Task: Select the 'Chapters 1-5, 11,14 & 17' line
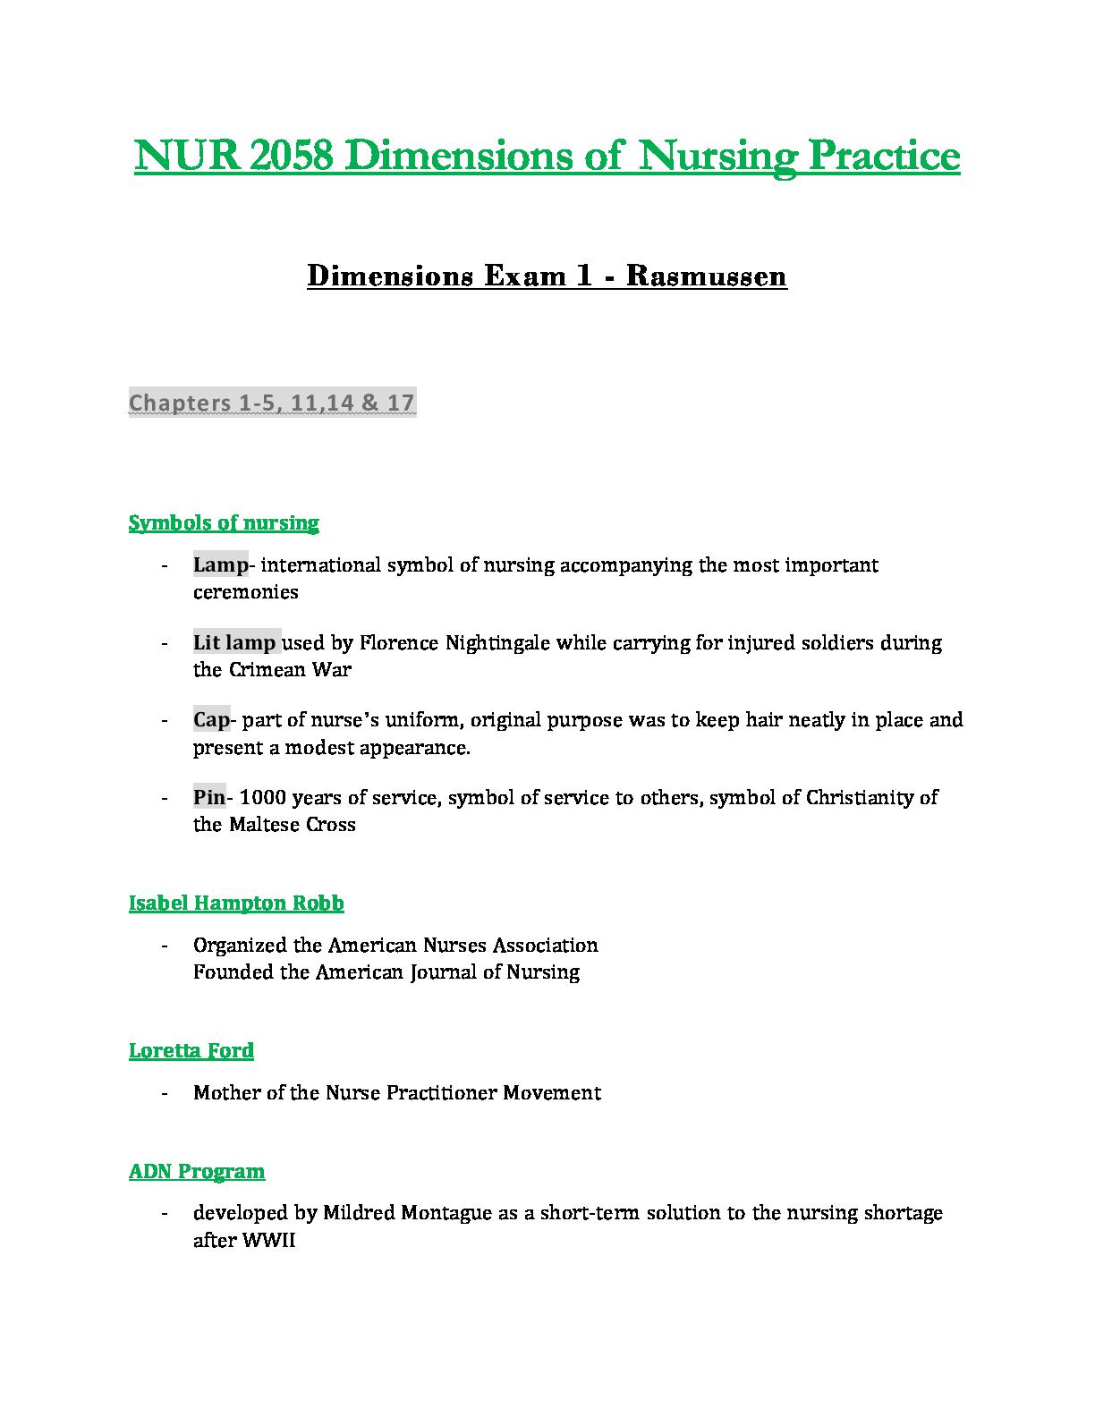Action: coord(272,403)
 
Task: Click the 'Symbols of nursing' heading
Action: coord(224,522)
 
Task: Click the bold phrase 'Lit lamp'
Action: coord(234,642)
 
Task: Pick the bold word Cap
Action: coord(211,719)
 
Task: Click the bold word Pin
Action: coord(209,797)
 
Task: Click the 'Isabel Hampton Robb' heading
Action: coord(236,903)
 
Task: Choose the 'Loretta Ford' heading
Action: coord(191,1050)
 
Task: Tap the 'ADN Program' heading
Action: coord(197,1171)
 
